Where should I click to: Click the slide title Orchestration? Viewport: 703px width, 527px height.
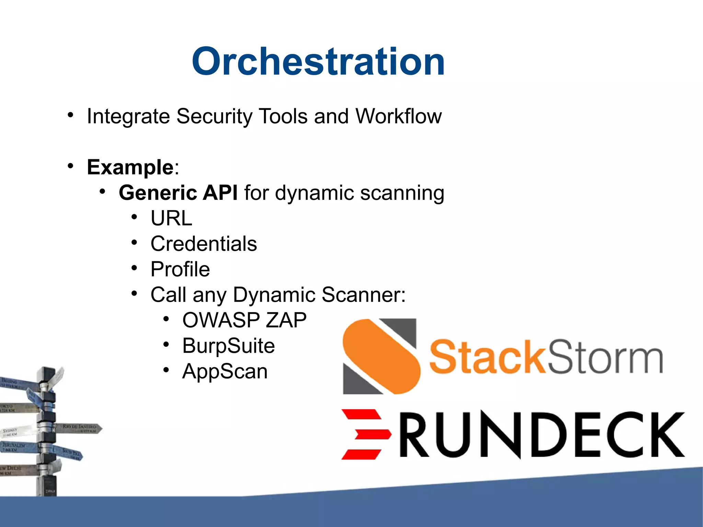coord(318,62)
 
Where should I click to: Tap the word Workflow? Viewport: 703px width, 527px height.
coord(398,116)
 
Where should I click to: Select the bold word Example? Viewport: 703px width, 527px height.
coord(130,167)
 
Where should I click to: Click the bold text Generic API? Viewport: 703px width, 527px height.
coord(178,193)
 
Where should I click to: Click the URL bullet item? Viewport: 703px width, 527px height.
coord(171,218)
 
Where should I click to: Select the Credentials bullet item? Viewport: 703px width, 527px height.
coord(204,244)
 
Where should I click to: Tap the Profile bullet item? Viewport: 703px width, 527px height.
coord(180,269)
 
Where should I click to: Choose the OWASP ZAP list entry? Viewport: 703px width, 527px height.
coord(244,320)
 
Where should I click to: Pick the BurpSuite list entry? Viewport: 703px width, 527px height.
coord(228,346)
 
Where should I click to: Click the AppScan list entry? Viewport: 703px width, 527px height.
coord(225,371)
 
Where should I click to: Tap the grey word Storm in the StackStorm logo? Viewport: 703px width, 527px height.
coord(604,357)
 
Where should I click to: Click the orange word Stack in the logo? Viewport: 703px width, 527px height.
coord(487,357)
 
